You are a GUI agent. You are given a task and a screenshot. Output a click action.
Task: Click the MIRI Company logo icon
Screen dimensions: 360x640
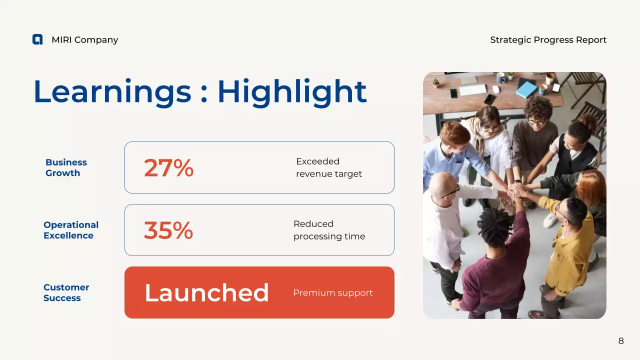(37, 39)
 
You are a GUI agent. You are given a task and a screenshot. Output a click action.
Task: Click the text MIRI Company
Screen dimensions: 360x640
(84, 40)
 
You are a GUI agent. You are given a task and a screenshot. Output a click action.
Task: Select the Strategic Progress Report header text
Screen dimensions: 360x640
(548, 40)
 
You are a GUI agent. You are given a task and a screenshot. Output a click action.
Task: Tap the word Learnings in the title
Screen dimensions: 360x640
(112, 91)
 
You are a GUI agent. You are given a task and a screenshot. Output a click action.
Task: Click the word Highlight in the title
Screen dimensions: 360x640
(292, 91)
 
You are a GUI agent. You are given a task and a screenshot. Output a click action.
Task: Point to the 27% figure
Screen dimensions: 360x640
(168, 168)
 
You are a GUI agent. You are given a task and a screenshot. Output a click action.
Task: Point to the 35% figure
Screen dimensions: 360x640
(168, 230)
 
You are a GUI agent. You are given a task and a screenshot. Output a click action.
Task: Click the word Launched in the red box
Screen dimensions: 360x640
(206, 293)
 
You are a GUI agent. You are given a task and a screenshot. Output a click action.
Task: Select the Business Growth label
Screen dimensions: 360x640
(66, 167)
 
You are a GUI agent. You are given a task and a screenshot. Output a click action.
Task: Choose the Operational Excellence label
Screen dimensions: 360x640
(71, 230)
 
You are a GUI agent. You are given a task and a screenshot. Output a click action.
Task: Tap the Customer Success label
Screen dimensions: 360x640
(66, 292)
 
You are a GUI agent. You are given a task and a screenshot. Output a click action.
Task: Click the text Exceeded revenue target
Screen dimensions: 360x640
(328, 167)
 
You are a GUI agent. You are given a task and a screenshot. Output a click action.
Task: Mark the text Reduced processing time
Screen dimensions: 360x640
(329, 230)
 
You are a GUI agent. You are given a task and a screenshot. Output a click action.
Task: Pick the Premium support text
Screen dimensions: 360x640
(332, 293)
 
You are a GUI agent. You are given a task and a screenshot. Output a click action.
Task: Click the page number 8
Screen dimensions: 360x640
(621, 341)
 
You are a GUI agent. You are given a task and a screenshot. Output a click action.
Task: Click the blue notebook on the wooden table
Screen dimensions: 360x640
(526, 89)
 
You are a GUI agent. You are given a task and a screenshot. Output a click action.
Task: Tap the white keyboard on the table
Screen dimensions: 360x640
(472, 89)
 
